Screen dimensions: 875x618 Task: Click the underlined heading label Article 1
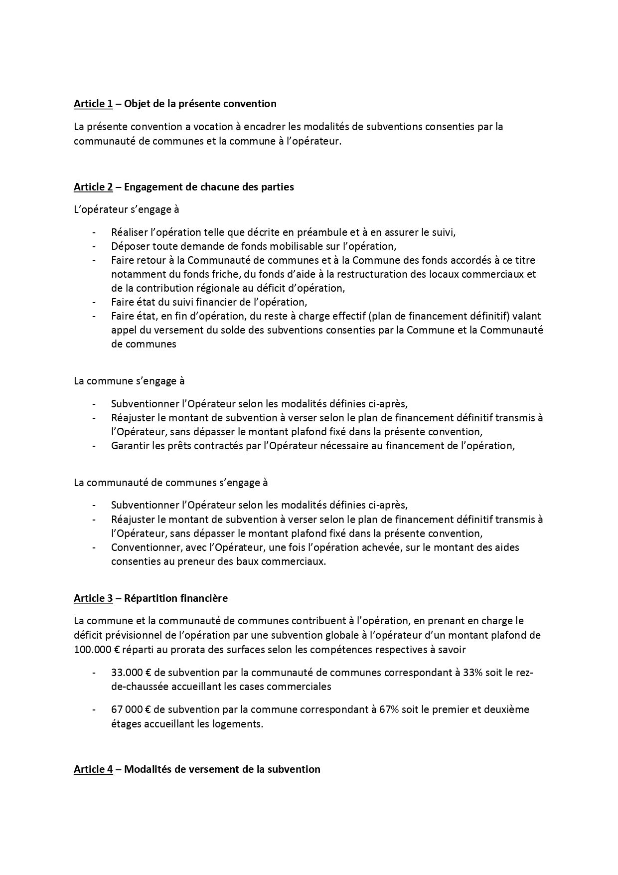click(x=93, y=104)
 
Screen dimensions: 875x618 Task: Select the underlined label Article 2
click(x=93, y=187)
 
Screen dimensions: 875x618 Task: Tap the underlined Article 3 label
click(x=93, y=598)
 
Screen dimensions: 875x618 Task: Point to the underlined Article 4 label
click(x=93, y=769)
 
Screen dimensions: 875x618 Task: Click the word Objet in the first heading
click(x=136, y=104)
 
